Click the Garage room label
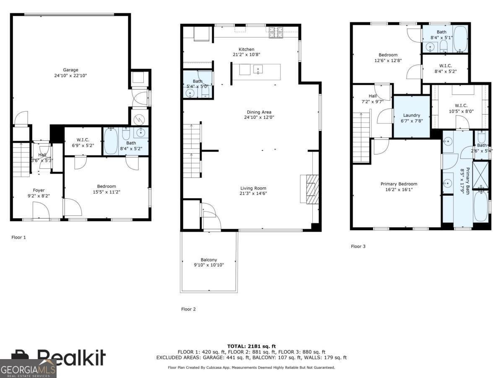pyautogui.click(x=71, y=70)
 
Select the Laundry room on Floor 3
pyautogui.click(x=412, y=117)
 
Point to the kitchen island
pyautogui.click(x=256, y=69)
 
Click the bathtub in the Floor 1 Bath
pyautogui.click(x=111, y=141)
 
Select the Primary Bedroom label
pyautogui.click(x=399, y=184)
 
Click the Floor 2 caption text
pyautogui.click(x=188, y=309)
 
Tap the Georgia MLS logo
pyautogui.click(x=28, y=369)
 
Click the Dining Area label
pyautogui.click(x=259, y=112)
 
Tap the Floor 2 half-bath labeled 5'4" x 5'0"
pyautogui.click(x=197, y=84)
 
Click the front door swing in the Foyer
pyautogui.click(x=41, y=210)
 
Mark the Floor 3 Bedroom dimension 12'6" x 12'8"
pyautogui.click(x=388, y=60)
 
